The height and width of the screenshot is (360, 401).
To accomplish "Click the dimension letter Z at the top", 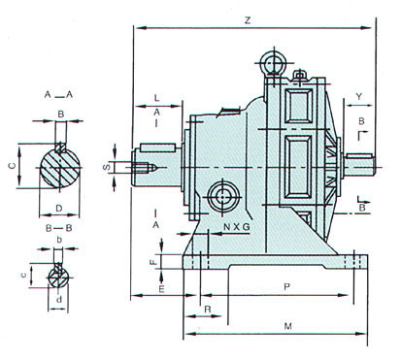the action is point(248,20).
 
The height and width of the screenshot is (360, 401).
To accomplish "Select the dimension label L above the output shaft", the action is point(156,98).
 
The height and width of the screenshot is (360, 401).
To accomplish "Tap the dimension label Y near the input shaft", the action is point(359,96).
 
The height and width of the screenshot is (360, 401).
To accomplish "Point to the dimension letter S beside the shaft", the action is point(108,167).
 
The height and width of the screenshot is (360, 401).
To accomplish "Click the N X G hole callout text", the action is point(237,227).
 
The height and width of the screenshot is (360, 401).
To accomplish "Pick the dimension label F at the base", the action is point(154,262).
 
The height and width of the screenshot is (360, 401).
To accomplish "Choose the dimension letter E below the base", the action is point(161,289).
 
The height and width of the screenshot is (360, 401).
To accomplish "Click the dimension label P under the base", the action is point(286,286).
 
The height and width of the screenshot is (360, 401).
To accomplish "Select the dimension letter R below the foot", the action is point(208,310).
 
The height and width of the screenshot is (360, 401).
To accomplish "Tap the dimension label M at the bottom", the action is point(287,326).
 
